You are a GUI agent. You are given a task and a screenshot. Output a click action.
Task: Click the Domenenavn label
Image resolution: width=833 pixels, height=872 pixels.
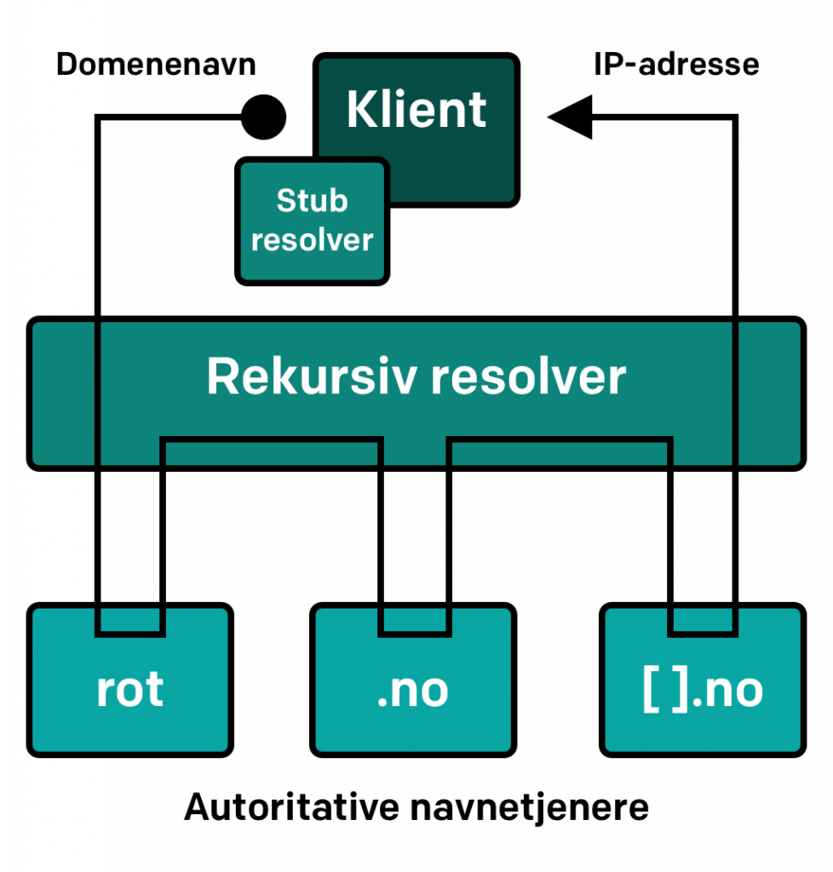(156, 65)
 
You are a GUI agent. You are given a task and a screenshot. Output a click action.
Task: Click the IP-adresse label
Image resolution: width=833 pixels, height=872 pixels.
(675, 65)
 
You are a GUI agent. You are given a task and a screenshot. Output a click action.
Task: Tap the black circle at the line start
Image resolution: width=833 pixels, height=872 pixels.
(262, 118)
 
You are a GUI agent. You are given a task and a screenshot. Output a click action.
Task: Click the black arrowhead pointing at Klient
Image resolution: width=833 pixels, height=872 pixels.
(570, 118)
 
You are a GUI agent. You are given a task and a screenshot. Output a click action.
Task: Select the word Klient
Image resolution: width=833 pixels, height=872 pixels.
(416, 110)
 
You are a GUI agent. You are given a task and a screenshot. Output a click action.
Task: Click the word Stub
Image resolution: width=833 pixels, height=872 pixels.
(312, 201)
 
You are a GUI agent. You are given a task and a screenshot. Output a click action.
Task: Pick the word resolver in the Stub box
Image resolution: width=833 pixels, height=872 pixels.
(312, 239)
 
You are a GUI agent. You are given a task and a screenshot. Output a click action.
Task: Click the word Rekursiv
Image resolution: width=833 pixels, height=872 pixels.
(312, 376)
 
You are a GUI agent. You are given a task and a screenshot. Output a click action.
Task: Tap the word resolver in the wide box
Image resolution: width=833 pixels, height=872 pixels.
(528, 376)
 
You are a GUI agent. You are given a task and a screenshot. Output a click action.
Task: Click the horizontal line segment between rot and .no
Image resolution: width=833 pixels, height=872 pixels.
(271, 440)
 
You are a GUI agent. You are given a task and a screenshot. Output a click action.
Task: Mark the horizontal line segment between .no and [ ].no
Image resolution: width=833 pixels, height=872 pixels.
(560, 440)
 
